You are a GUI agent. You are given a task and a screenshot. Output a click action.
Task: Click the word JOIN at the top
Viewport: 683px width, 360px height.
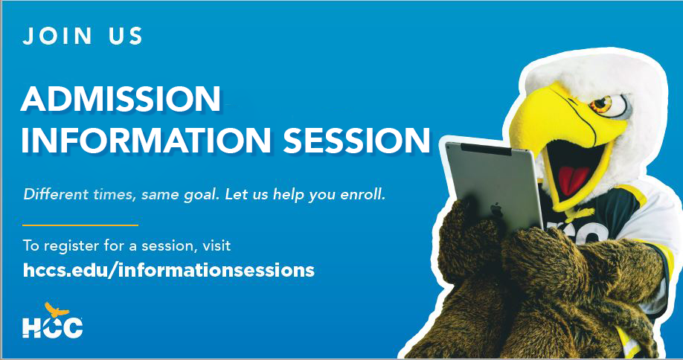tap(57, 36)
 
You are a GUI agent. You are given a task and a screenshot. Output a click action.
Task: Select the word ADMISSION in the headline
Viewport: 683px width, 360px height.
tap(121, 99)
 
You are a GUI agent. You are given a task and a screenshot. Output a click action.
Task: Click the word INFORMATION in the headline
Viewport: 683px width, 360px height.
tap(146, 140)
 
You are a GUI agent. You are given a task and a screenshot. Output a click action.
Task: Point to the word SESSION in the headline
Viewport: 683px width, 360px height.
tap(357, 140)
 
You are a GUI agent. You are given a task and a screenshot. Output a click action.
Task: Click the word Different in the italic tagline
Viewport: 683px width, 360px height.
tap(50, 194)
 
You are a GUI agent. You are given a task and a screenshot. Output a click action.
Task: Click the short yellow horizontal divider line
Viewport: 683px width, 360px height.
tap(80, 225)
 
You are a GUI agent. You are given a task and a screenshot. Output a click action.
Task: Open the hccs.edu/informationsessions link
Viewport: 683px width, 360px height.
tap(169, 270)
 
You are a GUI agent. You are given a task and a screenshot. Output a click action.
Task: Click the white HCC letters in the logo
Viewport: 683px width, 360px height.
tap(52, 327)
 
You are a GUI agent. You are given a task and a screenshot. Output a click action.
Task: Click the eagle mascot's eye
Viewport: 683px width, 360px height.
tap(603, 104)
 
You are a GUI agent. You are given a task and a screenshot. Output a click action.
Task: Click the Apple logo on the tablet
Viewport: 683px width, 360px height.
tap(496, 210)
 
